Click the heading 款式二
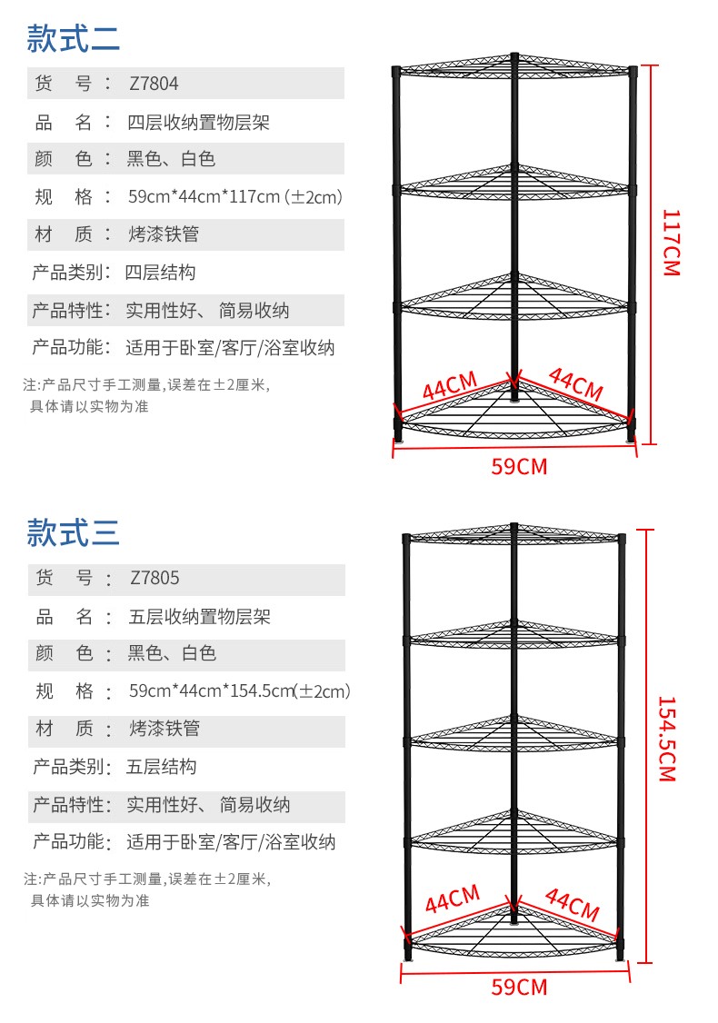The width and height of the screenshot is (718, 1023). pos(73,38)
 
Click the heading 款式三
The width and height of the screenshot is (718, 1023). pos(73,532)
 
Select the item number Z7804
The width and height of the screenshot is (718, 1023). pos(154,84)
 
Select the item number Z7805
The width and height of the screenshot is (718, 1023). pos(155,578)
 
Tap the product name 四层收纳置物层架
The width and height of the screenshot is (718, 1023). pos(198,122)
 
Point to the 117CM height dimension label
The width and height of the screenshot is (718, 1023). pos(671,243)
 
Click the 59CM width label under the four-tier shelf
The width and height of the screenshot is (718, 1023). pos(519,467)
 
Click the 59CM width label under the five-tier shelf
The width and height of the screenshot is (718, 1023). pos(519,987)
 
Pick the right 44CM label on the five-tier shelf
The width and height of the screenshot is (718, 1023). pos(573,904)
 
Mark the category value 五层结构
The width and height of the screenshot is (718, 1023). pos(161,767)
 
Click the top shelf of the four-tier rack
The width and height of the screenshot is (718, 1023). pos(514,68)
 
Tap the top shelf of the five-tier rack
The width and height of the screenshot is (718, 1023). pos(514,536)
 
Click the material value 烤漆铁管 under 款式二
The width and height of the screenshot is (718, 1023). pos(164,234)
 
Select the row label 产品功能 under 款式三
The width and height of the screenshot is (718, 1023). pos(70,842)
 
